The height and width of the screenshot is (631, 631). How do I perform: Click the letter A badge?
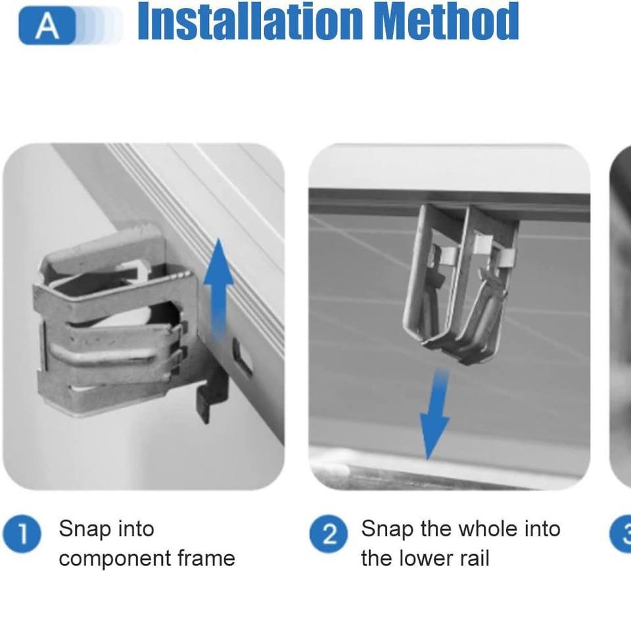(47, 26)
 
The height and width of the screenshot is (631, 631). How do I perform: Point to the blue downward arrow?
(435, 415)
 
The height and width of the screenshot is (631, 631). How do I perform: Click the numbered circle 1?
(22, 534)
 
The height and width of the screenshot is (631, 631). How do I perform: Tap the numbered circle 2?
(329, 534)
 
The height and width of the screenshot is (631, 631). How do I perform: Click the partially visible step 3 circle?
(622, 534)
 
